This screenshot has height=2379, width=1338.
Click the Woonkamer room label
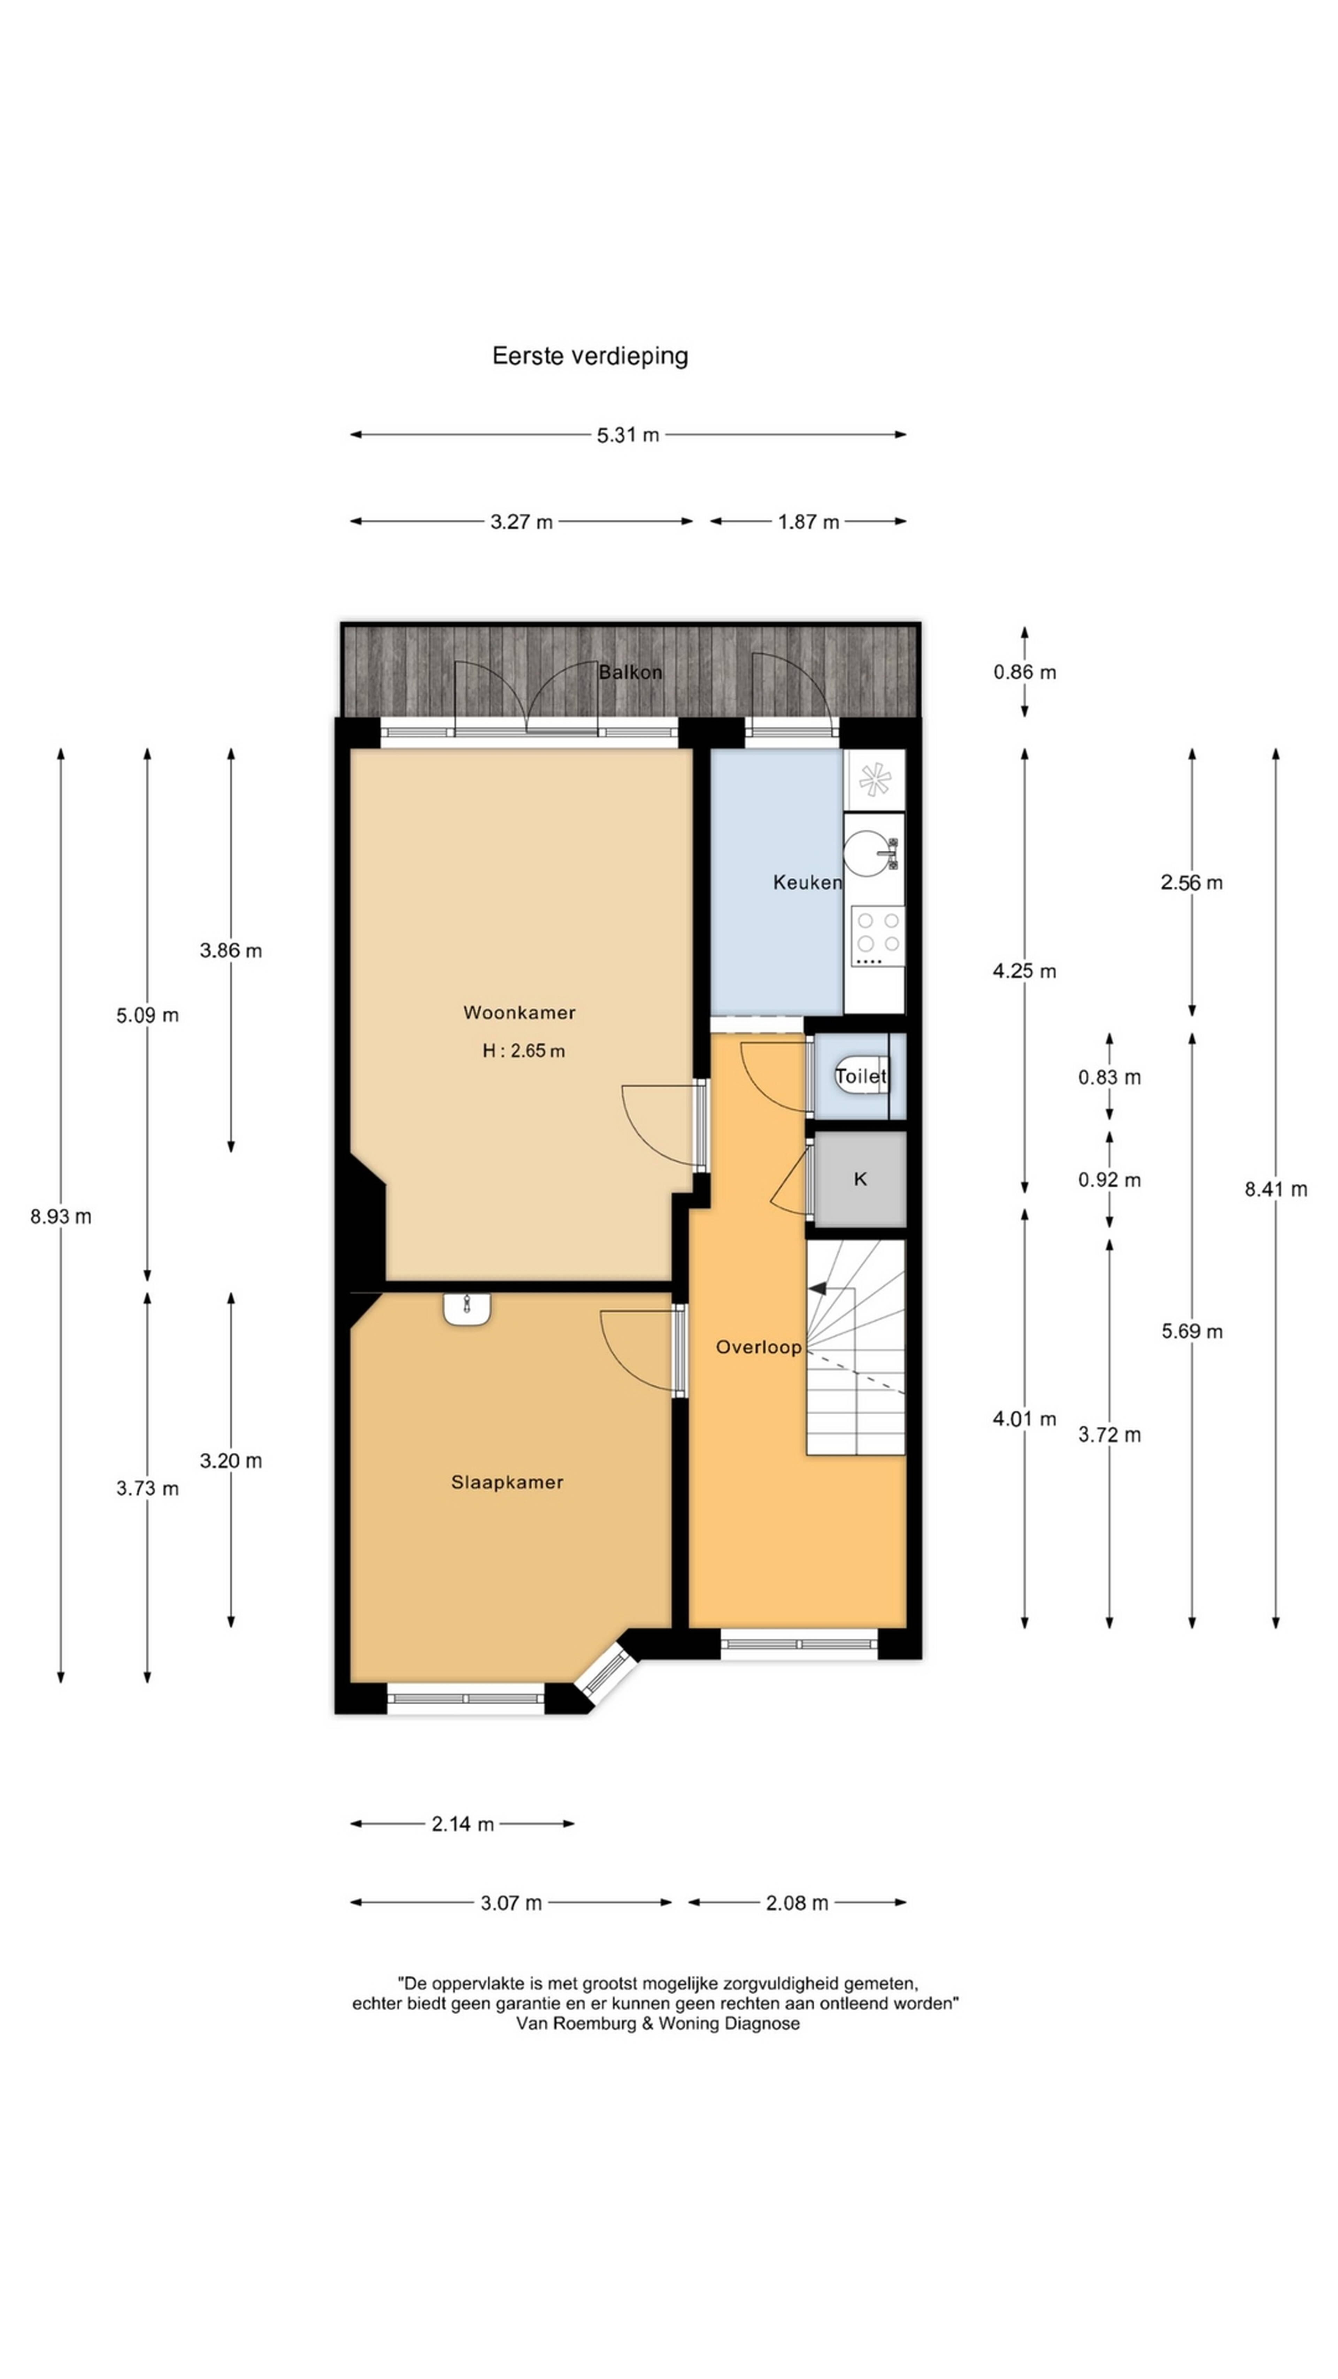519,1012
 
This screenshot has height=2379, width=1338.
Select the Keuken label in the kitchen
807,882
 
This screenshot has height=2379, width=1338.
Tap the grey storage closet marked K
860,1179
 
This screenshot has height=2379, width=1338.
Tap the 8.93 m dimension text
61,1216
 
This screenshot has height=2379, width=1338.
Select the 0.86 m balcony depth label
1025,671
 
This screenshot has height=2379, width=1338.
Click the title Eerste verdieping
590,355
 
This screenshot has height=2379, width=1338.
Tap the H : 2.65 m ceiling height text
524,1050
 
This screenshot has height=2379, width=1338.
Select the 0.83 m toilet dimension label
1110,1077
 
